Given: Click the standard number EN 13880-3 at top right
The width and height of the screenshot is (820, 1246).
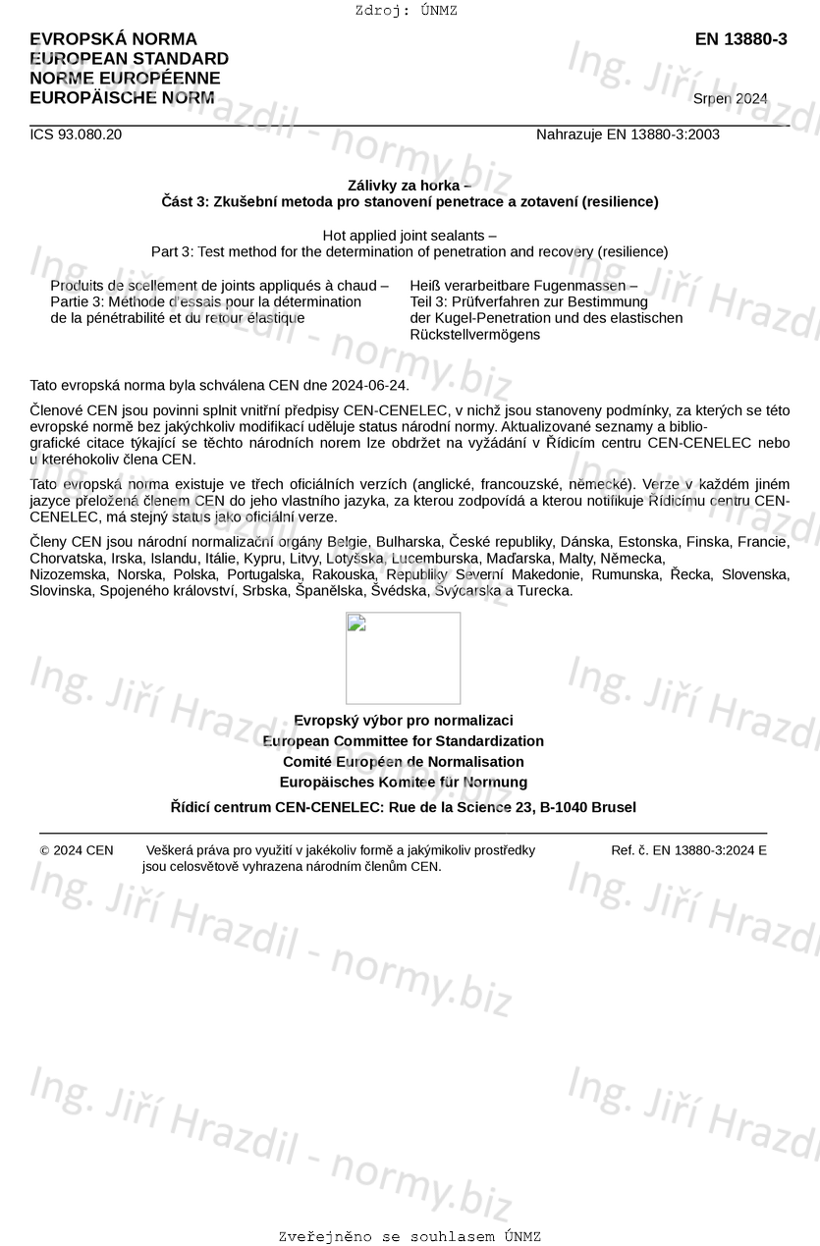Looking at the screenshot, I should [x=740, y=39].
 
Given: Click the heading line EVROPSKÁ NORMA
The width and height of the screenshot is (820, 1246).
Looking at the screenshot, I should [x=113, y=39].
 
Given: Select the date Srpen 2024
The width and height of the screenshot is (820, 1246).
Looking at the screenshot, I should [x=730, y=98].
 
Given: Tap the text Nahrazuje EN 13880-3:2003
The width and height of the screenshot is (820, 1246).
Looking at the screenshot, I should [x=628, y=135].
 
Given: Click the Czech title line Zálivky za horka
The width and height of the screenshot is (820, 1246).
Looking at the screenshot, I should [x=409, y=186].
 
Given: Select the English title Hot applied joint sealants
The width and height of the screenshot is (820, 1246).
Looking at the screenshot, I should [x=409, y=235].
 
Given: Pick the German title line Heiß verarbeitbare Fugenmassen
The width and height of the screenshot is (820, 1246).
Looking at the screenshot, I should [x=522, y=286].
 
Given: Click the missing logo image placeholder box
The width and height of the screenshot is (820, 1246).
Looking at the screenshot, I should [x=403, y=658].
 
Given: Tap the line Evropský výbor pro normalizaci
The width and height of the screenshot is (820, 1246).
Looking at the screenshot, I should [x=403, y=721].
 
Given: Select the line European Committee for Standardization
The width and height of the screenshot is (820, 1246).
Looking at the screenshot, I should [x=403, y=741].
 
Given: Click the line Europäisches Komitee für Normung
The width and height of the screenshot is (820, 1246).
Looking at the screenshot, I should [x=403, y=783].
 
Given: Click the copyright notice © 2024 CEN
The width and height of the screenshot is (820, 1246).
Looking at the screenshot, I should [x=77, y=850].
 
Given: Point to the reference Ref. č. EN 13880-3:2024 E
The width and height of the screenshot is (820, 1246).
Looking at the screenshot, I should [x=688, y=850].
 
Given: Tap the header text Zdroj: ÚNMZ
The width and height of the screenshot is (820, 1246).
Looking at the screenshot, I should [x=406, y=11].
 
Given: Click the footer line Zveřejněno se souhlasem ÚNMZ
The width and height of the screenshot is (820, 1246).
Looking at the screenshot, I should [x=410, y=1237].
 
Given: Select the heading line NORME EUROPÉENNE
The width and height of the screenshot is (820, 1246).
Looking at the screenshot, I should [x=125, y=79].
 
